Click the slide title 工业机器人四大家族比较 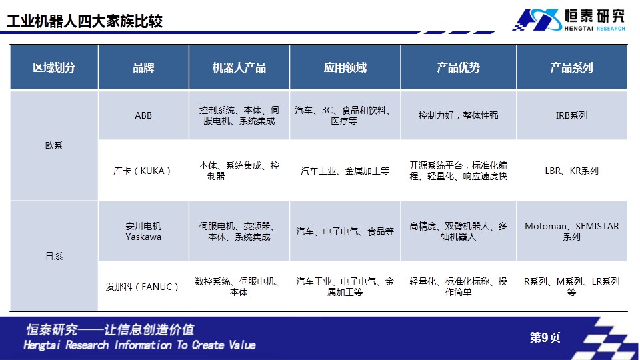(x=85, y=21)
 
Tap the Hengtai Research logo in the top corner (x=569, y=19)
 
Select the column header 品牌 (x=143, y=67)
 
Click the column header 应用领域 (x=345, y=67)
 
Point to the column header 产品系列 (x=571, y=67)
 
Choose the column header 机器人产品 (x=239, y=67)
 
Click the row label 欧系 (x=54, y=145)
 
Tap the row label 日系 (x=54, y=256)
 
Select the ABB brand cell (x=143, y=115)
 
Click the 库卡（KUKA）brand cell (x=142, y=171)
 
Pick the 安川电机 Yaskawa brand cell (x=143, y=231)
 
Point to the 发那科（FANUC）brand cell (x=142, y=287)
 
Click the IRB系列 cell (x=571, y=115)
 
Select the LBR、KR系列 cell (x=571, y=171)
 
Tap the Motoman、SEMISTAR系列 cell (x=571, y=231)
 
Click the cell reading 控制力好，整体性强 (x=459, y=115)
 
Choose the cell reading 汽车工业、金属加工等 (x=345, y=171)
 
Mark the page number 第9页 (x=545, y=337)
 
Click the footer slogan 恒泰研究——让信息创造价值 (x=110, y=329)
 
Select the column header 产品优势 (x=459, y=67)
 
